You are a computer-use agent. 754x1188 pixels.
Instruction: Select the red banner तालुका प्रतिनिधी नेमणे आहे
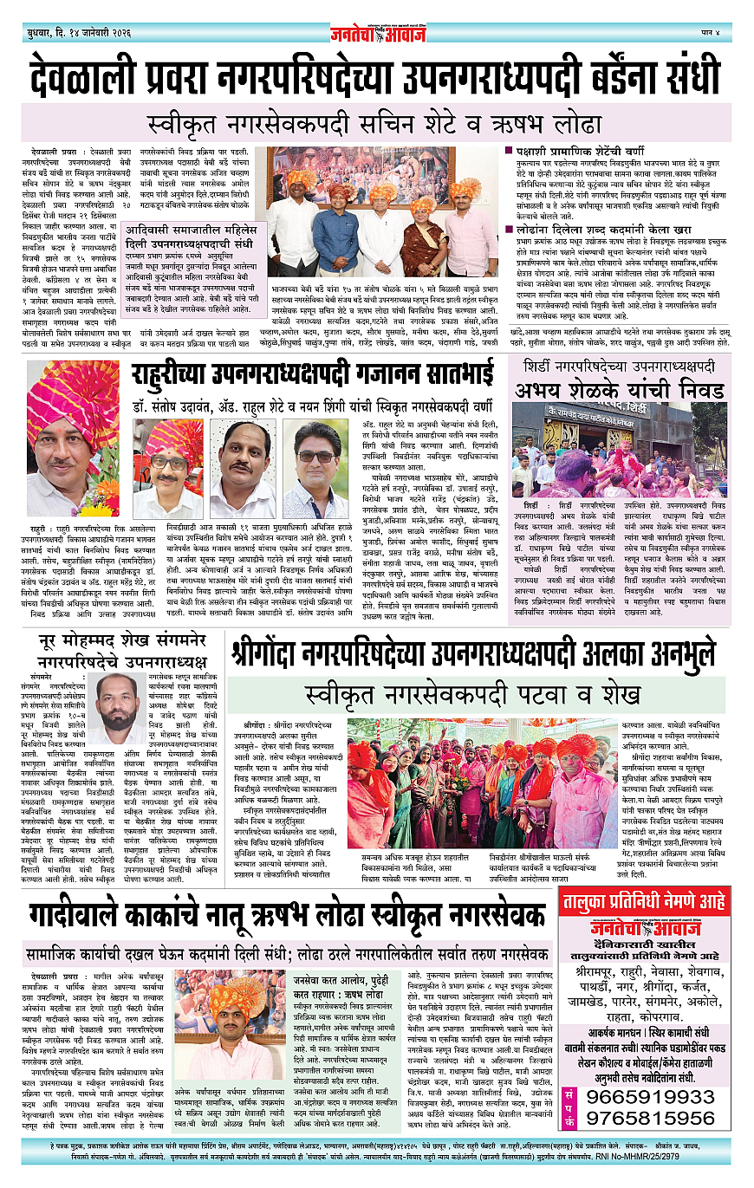pyautogui.click(x=644, y=901)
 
